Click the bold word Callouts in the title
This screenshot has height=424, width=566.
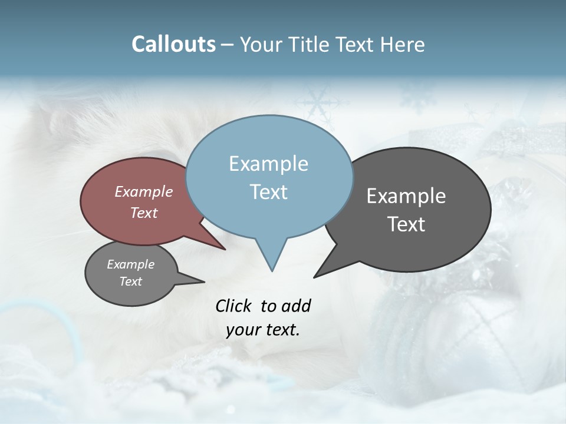[x=173, y=45]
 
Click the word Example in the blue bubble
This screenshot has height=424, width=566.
[x=268, y=164]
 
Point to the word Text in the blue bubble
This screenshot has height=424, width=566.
[x=268, y=192]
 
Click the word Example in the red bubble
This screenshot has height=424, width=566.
[x=144, y=192]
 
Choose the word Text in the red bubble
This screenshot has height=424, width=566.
[x=144, y=213]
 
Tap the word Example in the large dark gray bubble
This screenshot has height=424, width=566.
[x=406, y=196]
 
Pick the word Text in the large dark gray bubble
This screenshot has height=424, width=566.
[x=406, y=224]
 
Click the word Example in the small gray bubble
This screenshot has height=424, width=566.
[x=131, y=264]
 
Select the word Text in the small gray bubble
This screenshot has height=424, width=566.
[x=131, y=281]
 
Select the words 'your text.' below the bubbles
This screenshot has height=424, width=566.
[x=263, y=330]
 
